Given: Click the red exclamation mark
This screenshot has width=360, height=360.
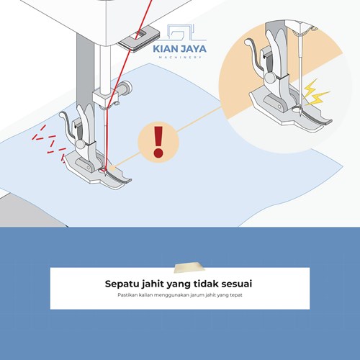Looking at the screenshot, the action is click(x=158, y=142).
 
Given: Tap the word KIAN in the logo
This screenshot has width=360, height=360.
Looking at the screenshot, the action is click(x=165, y=49).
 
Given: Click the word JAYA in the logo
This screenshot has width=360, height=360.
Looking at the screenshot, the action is click(x=193, y=49).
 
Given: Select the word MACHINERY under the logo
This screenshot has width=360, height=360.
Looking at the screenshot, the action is click(x=180, y=57).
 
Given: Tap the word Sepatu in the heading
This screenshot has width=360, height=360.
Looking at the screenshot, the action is click(x=122, y=284).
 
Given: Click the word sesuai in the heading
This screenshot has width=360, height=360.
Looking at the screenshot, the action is click(x=236, y=284).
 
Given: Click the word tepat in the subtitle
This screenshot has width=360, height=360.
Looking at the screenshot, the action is click(x=236, y=295).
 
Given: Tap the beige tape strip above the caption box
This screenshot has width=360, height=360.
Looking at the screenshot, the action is click(x=189, y=268).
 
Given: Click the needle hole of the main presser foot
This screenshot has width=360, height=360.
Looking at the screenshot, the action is click(x=102, y=171).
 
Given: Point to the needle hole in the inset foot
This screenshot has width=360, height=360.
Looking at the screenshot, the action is click(x=297, y=109).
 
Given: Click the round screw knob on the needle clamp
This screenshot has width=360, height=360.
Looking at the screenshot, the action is click(x=125, y=88).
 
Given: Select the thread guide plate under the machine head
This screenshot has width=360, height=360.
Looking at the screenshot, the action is click(x=139, y=40).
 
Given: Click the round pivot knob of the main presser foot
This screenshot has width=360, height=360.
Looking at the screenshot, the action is click(x=81, y=144).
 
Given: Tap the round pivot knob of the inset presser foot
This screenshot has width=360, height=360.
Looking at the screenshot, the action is click(x=271, y=78).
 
